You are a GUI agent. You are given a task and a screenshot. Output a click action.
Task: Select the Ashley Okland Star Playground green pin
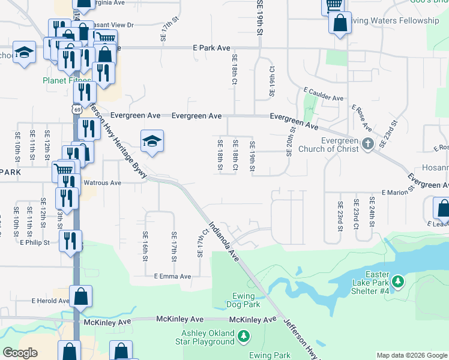pyautogui.click(x=243, y=337)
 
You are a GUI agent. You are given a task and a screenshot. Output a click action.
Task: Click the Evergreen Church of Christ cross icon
pyautogui.click(x=368, y=143)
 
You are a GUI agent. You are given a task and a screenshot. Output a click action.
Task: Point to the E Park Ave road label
pyautogui.click(x=212, y=47)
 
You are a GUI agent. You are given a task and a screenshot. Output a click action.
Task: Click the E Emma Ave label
pyautogui.click(x=172, y=277)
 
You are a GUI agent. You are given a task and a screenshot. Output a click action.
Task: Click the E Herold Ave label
pyautogui.click(x=51, y=301)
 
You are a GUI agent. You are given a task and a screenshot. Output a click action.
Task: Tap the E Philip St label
pyautogui.click(x=34, y=243)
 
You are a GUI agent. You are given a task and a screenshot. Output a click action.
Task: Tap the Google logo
pyautogui.click(x=20, y=353)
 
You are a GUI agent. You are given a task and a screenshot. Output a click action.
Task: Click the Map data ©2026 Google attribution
pyautogui.click(x=411, y=355)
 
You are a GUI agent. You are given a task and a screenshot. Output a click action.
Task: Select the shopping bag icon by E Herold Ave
pyautogui.click(x=81, y=296)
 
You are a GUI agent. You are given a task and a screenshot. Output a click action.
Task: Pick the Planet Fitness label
pyautogui.click(x=67, y=80)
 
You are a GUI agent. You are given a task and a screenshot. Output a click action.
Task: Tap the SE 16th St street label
pyautogui.click(x=145, y=247)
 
